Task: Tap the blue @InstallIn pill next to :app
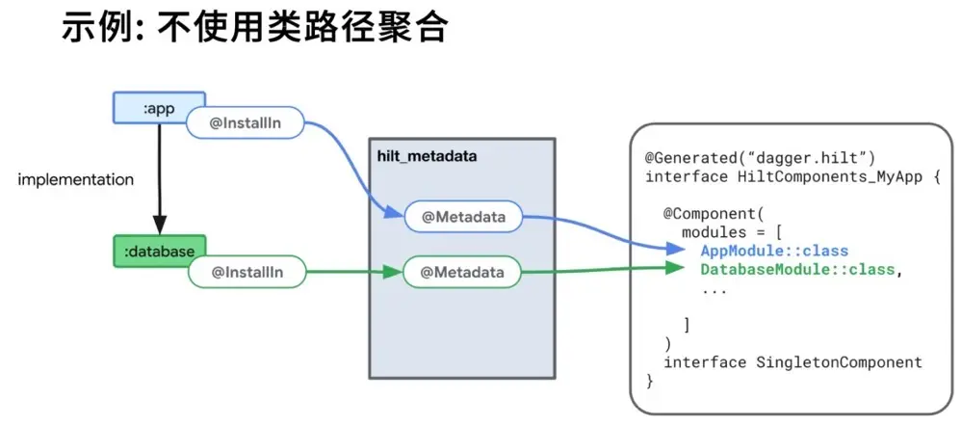[245, 123]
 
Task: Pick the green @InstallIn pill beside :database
[247, 273]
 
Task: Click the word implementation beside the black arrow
[76, 180]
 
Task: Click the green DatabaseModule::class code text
[797, 269]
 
